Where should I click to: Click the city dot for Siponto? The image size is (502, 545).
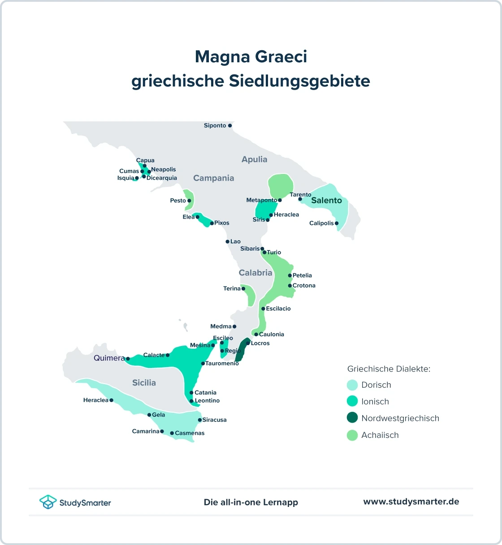pos(230,126)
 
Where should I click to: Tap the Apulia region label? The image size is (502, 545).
pos(254,160)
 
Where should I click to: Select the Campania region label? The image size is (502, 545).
pos(213,178)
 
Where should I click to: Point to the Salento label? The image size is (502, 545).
pos(326,200)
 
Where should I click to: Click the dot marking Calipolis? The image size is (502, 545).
pos(337,223)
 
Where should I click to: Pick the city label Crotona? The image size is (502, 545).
pos(304,285)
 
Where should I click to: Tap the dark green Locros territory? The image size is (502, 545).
pos(242,351)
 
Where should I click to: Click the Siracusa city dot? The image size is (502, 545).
pos(200,420)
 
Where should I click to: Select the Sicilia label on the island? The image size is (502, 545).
pos(144,383)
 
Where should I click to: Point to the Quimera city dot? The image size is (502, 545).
pos(128,359)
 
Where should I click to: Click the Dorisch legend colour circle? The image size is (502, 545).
pos(352,385)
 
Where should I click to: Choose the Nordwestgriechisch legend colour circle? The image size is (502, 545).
pos(352,418)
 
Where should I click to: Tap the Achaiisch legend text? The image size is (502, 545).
pos(380,435)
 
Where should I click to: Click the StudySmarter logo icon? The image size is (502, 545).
pos(48,502)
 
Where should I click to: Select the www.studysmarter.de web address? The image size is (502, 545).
pos(411,502)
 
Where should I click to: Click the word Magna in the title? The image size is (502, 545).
pos(222,57)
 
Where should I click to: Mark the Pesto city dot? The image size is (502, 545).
pos(189,201)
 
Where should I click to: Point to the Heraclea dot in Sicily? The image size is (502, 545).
pos(111,400)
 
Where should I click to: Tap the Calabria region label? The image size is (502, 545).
pos(255,273)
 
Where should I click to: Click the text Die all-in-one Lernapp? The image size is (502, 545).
pos(251,502)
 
